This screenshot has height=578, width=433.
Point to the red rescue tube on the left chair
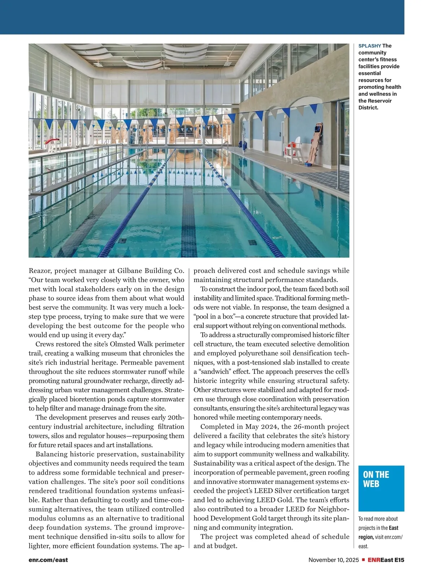point(54,140)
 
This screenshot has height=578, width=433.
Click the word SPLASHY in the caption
point(369,46)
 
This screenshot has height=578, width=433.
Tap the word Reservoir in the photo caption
point(380,101)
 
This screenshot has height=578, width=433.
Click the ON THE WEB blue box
point(381,488)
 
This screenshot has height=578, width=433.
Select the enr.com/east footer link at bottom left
point(48,560)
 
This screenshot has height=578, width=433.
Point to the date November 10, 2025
point(333,560)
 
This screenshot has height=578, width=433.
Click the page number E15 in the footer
point(399,560)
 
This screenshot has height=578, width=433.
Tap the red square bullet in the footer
point(363,560)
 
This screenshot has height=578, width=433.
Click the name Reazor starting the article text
point(40,271)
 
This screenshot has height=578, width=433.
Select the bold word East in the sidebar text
point(394,528)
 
